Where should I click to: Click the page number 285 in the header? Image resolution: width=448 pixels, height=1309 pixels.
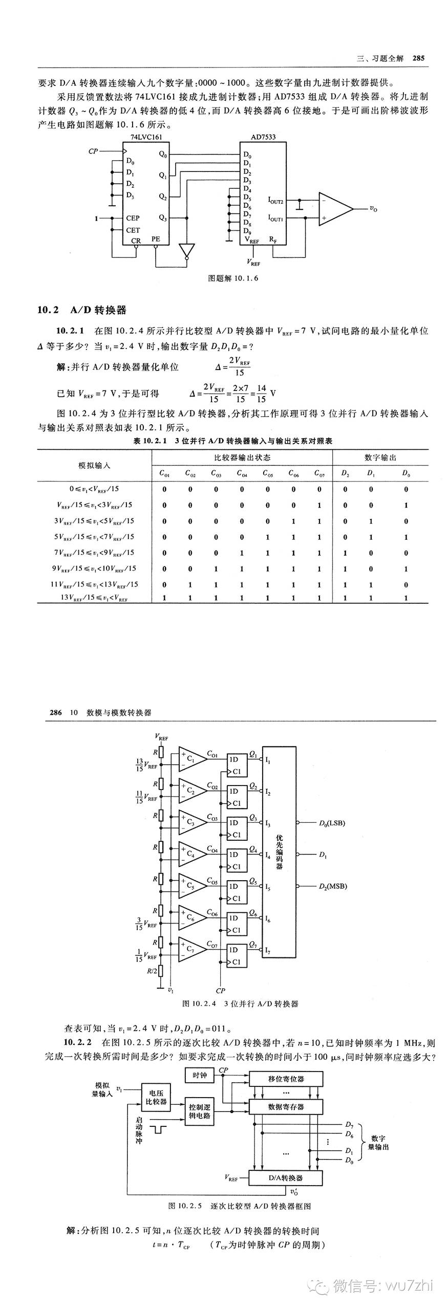[x=418, y=58]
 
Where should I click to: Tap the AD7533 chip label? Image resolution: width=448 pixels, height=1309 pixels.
[x=263, y=137]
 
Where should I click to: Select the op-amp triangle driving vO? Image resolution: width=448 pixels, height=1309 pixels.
[x=334, y=208]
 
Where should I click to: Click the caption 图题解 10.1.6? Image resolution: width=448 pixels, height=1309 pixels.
[x=233, y=278]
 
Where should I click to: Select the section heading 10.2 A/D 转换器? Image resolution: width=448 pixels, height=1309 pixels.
[x=82, y=310]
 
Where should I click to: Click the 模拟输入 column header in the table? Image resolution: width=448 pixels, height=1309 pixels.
[x=94, y=465]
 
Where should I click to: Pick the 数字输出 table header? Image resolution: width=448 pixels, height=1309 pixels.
[x=380, y=457]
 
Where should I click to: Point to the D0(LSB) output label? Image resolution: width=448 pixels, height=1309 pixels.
[x=331, y=823]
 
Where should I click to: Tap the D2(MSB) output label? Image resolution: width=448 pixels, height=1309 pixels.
[x=332, y=886]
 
